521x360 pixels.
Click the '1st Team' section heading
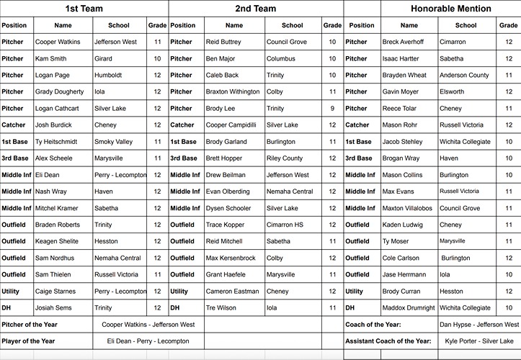click(84, 9)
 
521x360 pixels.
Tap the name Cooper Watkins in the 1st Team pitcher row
click(58, 42)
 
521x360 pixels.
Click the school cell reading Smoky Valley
click(114, 142)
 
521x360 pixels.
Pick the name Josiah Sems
click(54, 308)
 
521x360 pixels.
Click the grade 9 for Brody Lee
click(332, 109)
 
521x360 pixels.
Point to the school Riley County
click(285, 158)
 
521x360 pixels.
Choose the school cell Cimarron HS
click(285, 225)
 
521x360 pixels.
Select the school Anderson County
click(464, 75)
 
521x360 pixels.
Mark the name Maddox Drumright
click(409, 308)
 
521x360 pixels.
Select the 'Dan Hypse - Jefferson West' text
click(478, 325)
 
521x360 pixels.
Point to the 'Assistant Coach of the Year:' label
click(388, 341)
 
